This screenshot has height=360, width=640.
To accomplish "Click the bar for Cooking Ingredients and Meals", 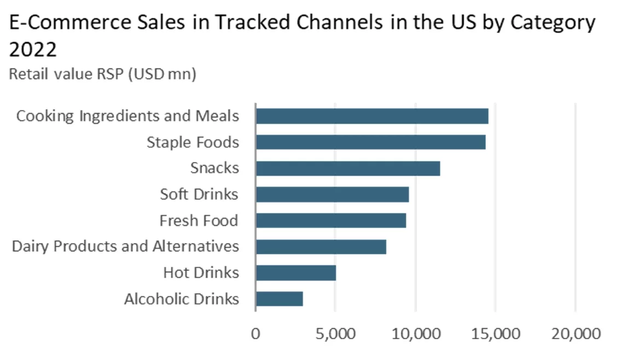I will pyautogui.click(x=372, y=116).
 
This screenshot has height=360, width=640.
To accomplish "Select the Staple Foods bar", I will pyautogui.click(x=370, y=142).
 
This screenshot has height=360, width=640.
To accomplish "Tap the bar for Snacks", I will pyautogui.click(x=348, y=169).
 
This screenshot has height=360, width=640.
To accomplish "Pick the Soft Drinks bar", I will pyautogui.click(x=332, y=194).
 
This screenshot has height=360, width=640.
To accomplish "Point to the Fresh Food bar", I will pyautogui.click(x=331, y=220).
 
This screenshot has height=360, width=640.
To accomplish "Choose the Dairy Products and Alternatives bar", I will pyautogui.click(x=321, y=247).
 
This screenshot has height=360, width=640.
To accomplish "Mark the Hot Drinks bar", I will pyautogui.click(x=296, y=272).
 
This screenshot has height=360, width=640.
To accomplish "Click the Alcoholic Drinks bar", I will pyautogui.click(x=280, y=299).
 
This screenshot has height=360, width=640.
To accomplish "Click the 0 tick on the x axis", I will pyautogui.click(x=255, y=333).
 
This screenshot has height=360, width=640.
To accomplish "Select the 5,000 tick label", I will pyautogui.click(x=335, y=333).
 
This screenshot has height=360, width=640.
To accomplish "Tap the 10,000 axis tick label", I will pyautogui.click(x=416, y=333).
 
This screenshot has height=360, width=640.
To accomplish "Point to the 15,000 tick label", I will pyautogui.click(x=496, y=333).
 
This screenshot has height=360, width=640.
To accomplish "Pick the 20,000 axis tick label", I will pyautogui.click(x=575, y=333).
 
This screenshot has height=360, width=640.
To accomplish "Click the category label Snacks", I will pyautogui.click(x=214, y=168).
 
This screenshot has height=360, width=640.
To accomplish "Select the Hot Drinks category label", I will pyautogui.click(x=201, y=272).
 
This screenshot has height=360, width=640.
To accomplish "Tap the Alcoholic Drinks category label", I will pyautogui.click(x=182, y=299).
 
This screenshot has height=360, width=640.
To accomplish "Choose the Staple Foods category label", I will pyautogui.click(x=193, y=142).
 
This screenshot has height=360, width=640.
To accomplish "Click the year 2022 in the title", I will pyautogui.click(x=33, y=50).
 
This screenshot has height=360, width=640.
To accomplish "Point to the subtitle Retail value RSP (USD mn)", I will pyautogui.click(x=102, y=74).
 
